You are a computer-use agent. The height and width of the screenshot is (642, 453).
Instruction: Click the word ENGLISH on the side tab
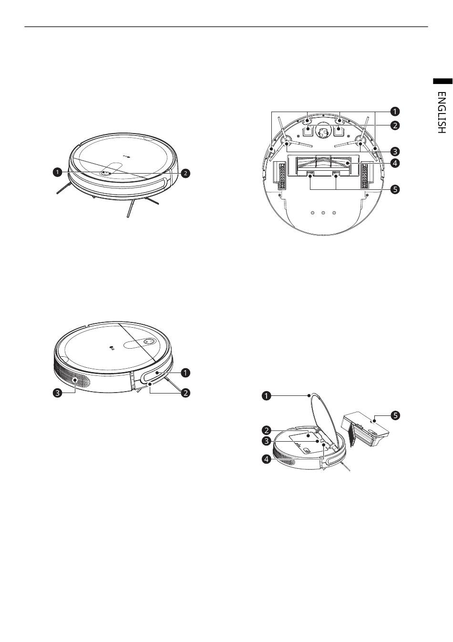442,113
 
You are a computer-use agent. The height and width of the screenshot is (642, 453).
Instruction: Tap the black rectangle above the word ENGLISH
443,81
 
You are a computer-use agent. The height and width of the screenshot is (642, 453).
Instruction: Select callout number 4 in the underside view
395,163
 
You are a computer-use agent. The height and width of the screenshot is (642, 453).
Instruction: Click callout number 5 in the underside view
395,189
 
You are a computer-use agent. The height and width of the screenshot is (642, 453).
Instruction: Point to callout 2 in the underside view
395,125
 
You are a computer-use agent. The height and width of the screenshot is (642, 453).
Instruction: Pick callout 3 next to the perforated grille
58,393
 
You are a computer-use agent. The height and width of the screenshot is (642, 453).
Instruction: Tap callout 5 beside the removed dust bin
395,415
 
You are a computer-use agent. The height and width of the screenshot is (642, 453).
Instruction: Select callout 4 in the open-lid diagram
267,459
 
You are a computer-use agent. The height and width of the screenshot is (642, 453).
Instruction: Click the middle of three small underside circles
323,213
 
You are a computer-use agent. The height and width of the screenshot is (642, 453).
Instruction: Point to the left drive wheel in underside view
280,174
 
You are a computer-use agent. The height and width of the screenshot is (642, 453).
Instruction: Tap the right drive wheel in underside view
366,174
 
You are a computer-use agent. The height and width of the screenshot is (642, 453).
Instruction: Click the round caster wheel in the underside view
323,132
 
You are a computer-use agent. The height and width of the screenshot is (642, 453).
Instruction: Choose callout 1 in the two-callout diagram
57,172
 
